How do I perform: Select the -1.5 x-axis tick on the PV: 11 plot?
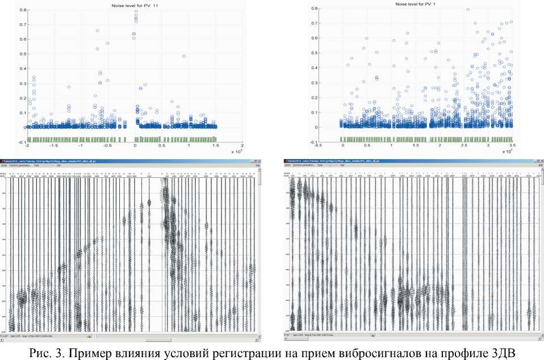tap(54, 146)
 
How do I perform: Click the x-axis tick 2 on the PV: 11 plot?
tap(242, 146)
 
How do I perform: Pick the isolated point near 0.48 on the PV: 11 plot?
tap(184, 56)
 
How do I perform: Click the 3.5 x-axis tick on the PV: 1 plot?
tap(512, 145)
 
